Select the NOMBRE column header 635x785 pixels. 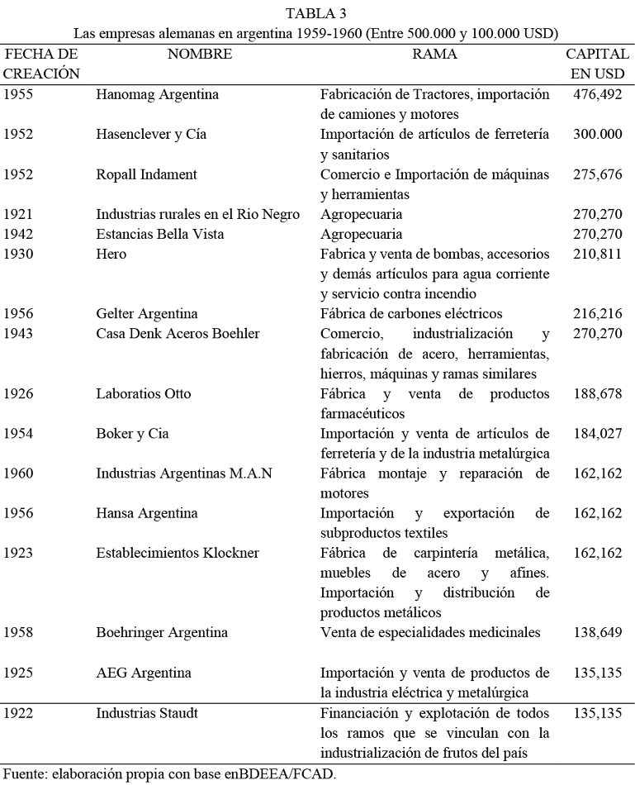tap(199, 55)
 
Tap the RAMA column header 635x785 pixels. tap(434, 55)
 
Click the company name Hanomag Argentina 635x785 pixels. tap(157, 94)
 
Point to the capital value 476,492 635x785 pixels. tap(597, 94)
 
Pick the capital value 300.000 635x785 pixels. tap(597, 135)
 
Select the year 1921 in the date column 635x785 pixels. tap(18, 215)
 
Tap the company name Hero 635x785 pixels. tap(111, 255)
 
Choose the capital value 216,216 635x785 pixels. tap(597, 314)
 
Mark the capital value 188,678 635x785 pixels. tap(597, 393)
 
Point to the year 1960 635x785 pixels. tap(18, 473)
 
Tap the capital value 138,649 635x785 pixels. tap(597, 633)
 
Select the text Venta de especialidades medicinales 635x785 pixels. tap(429, 633)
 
